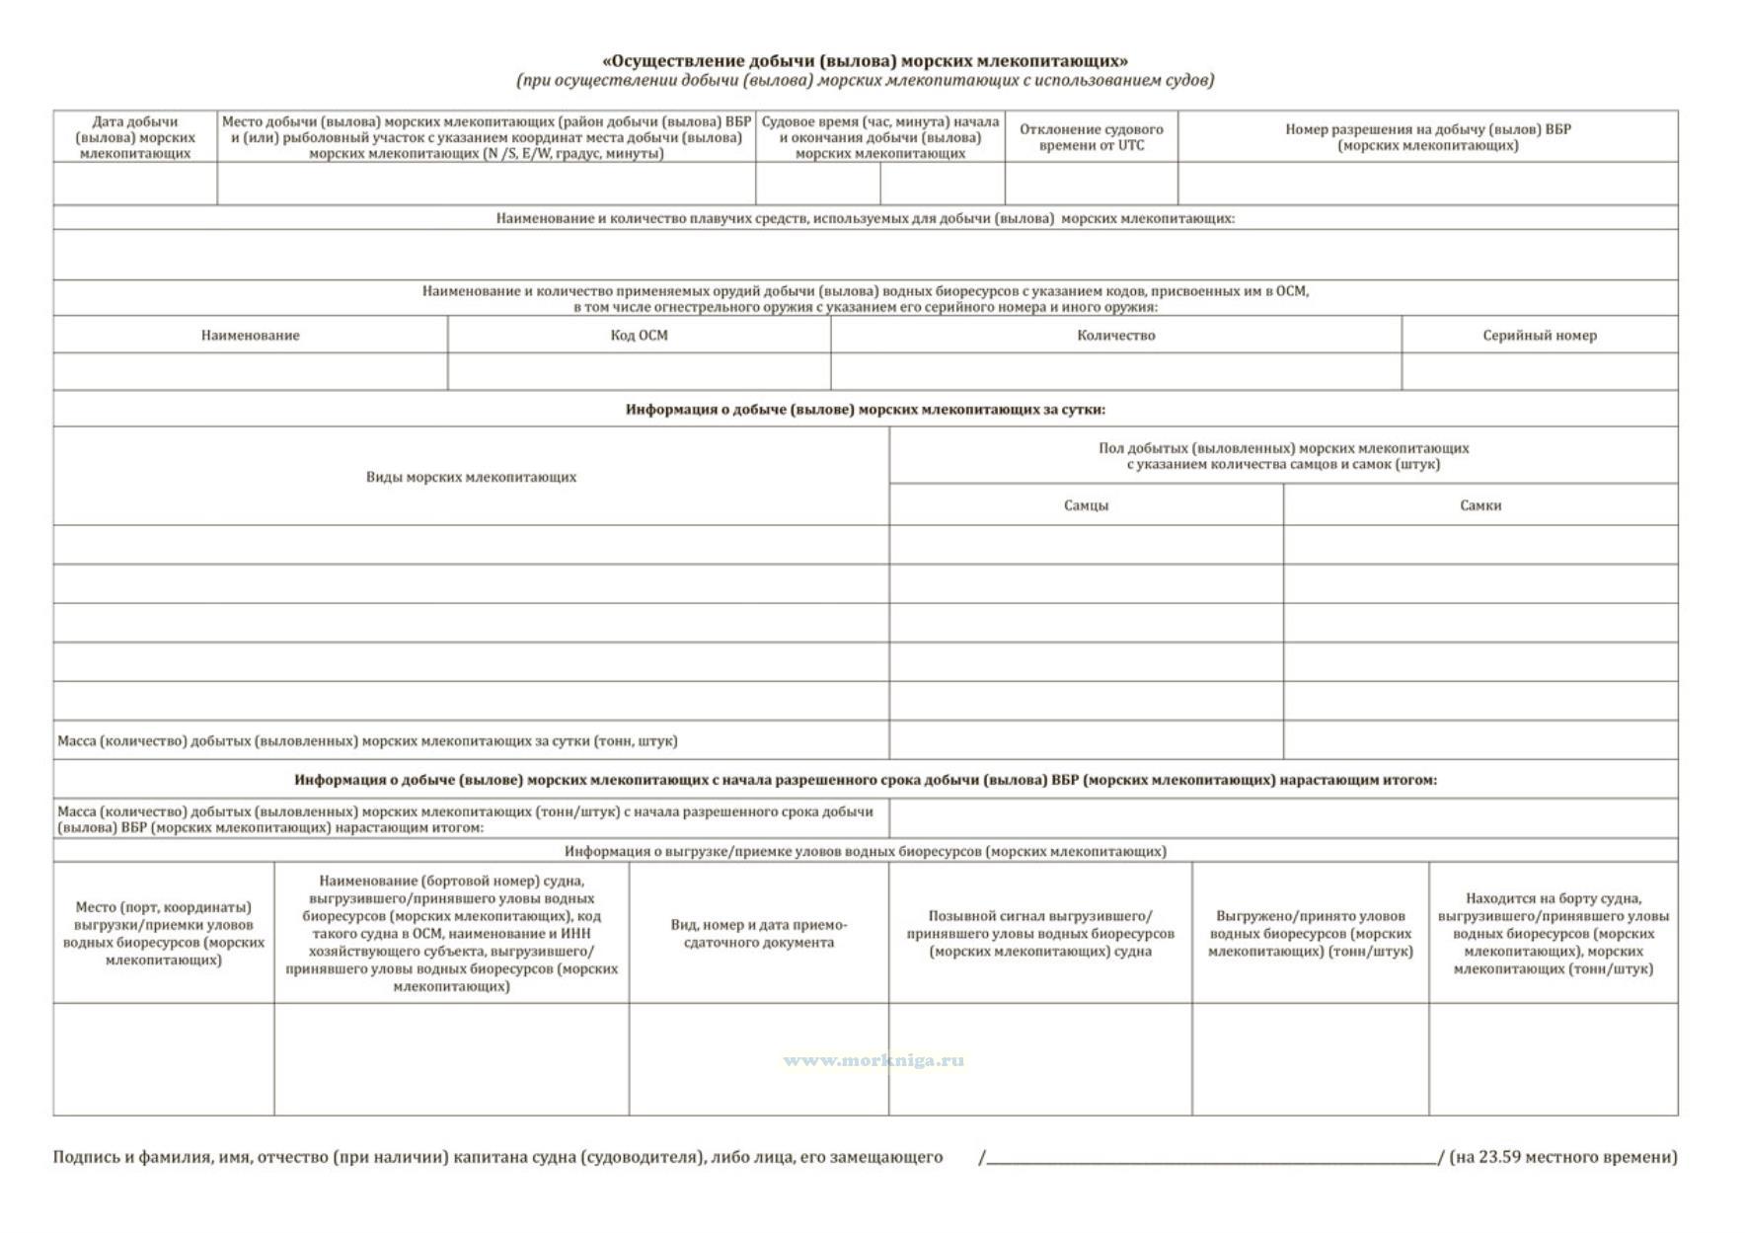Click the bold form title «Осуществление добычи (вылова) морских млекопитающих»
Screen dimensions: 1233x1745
865,61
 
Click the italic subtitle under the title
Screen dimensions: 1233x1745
865,80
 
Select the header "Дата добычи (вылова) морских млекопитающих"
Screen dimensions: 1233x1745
135,137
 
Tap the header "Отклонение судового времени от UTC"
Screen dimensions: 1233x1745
1091,137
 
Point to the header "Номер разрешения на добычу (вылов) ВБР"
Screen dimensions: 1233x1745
1427,137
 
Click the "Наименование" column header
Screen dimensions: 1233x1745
250,336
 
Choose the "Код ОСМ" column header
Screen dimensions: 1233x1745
639,336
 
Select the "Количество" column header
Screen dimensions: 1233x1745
1115,336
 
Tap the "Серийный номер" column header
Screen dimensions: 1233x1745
1539,336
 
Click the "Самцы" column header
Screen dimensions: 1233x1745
1086,505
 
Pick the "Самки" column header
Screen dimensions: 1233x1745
1480,505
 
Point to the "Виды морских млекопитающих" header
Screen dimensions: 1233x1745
471,477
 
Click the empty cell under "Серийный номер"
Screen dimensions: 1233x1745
1539,372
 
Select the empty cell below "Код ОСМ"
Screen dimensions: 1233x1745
639,372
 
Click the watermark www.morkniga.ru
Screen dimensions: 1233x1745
873,1061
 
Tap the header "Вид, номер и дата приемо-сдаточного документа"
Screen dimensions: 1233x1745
758,934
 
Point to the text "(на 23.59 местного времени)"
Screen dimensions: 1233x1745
1562,1157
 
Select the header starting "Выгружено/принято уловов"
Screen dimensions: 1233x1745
1310,934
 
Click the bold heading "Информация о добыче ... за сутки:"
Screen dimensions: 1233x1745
865,410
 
